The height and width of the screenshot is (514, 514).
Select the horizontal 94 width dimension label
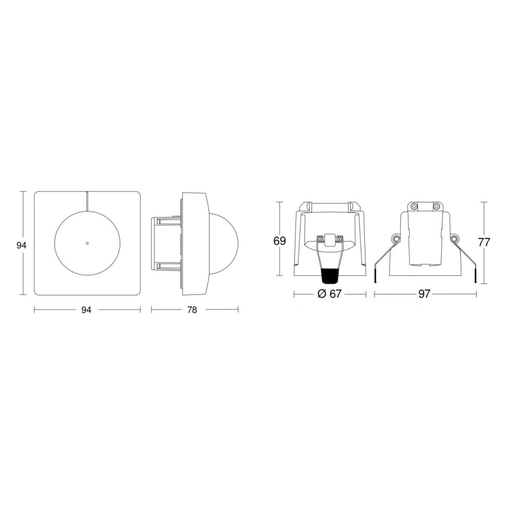pyautogui.click(x=86, y=309)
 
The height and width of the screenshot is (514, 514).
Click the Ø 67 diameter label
pyautogui.click(x=329, y=294)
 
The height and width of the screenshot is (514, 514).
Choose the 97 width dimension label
pyautogui.click(x=424, y=294)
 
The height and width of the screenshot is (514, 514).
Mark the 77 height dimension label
pyautogui.click(x=485, y=242)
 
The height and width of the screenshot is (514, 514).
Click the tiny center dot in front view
pyautogui.click(x=87, y=243)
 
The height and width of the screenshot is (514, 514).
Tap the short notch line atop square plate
pyautogui.click(x=87, y=200)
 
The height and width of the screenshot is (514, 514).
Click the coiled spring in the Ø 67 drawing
pyautogui.click(x=329, y=240)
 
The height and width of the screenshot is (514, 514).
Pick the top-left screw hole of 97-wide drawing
pyautogui.click(x=414, y=206)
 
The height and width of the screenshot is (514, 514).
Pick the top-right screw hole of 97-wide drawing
pyautogui.click(x=436, y=206)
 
